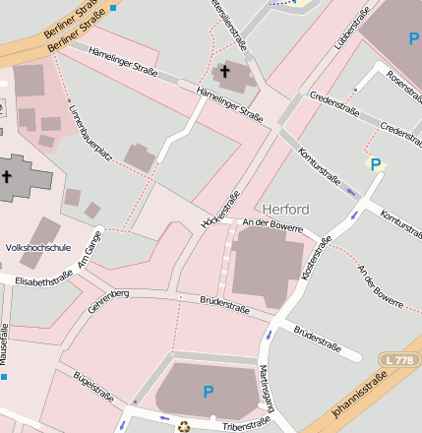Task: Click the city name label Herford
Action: tap(286, 209)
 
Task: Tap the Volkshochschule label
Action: tap(38, 248)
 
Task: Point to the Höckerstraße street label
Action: tap(220, 209)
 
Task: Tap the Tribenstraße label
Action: tap(245, 423)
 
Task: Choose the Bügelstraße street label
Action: tap(93, 388)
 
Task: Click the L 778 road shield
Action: tap(399, 361)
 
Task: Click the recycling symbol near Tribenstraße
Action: tap(183, 426)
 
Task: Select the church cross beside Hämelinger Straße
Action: tap(224, 72)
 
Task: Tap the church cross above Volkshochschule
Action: tap(7, 177)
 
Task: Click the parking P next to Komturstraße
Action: tap(375, 164)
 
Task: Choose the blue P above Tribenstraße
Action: tap(208, 392)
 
